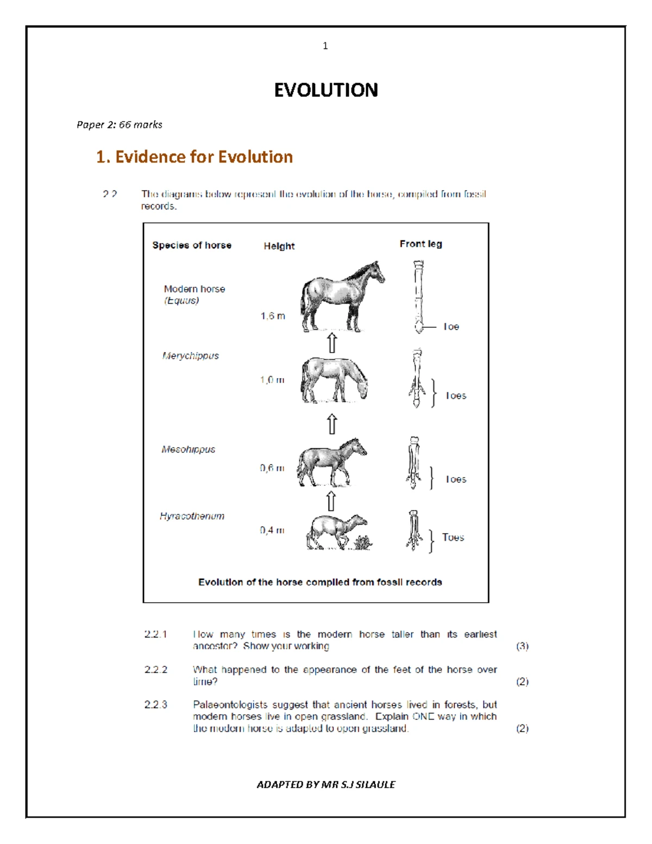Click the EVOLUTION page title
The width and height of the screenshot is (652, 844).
coord(325,90)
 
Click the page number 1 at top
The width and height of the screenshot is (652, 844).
coord(325,46)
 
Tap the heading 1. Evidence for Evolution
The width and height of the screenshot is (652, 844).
coord(194,157)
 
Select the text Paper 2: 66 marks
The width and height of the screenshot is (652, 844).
coord(119,125)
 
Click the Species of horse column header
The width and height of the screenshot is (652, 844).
coord(191,245)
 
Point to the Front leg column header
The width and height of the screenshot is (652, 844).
coord(421,244)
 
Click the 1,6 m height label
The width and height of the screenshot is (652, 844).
coord(272,316)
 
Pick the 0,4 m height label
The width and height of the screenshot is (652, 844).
coord(272,530)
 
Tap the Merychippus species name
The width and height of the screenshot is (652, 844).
coord(190,355)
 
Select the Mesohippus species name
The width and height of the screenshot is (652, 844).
coord(188,449)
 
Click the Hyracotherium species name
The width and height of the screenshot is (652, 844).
coord(192,516)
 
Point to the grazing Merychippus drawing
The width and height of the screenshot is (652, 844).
coord(333,380)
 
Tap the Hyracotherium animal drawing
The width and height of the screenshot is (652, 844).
coord(334,532)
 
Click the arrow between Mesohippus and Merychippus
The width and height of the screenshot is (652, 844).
coord(331,424)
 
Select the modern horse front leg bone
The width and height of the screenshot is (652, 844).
coord(418,296)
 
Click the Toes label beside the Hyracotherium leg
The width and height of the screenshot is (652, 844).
coord(453,537)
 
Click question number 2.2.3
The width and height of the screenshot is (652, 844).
coord(155,705)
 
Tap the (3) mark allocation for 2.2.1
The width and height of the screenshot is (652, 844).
coord(522,646)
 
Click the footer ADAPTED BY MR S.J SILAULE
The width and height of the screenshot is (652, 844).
coord(325,784)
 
